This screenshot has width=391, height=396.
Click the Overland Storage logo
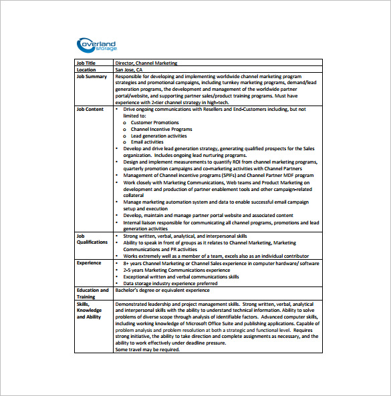(x=98, y=45)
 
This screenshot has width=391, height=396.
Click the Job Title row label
(x=86, y=63)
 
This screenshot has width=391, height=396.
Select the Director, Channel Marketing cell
(x=146, y=63)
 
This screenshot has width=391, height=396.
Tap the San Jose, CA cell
(x=129, y=69)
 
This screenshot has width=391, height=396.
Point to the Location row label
(x=86, y=69)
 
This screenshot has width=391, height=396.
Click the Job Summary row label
(x=92, y=76)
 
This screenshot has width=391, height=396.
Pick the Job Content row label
(x=90, y=109)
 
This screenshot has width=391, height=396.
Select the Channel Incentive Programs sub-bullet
(x=157, y=129)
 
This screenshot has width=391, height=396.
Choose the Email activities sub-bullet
(x=147, y=142)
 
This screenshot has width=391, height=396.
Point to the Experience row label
(x=89, y=263)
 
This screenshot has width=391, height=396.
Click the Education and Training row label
(x=92, y=293)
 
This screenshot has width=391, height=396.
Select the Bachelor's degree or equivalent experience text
(x=162, y=290)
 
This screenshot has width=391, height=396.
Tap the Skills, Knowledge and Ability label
(x=89, y=310)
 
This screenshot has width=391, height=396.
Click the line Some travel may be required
(x=148, y=349)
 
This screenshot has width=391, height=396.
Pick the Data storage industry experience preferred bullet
(x=170, y=283)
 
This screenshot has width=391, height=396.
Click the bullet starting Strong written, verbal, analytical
(x=185, y=236)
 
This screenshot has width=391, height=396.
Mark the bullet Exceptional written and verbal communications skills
(x=181, y=276)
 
